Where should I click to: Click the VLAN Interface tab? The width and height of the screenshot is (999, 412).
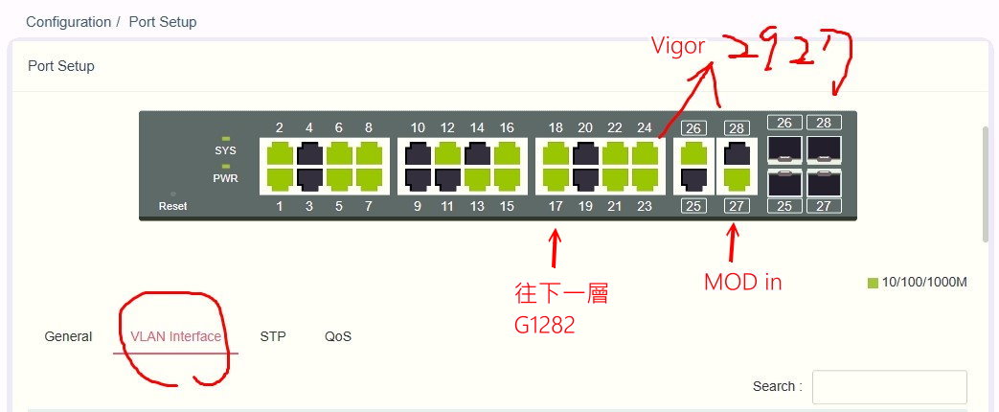pos(176,336)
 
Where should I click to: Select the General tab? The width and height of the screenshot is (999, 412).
pos(68,336)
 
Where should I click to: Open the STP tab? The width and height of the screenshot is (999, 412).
pos(273,336)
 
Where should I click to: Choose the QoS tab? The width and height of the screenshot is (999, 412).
pos(338,336)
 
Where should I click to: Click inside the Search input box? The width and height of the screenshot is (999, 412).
pos(889,387)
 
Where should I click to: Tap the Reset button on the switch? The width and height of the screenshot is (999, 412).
pos(172,195)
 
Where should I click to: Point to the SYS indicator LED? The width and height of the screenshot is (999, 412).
pos(226,139)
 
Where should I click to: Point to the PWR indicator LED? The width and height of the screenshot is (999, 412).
pos(226,166)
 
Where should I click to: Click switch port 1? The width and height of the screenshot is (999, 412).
pos(280,178)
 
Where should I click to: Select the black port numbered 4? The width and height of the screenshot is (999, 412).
pos(309,153)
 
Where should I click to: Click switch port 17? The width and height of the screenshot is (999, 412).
pos(556,178)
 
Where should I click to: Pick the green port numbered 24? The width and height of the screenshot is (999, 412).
pos(645,153)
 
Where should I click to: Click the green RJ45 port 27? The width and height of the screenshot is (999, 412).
pos(737,178)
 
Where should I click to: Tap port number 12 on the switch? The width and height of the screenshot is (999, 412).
pos(447,153)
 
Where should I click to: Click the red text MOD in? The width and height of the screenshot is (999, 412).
pos(742,282)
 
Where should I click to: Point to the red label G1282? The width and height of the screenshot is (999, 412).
pos(544,325)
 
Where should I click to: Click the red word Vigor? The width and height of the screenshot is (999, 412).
pos(678,45)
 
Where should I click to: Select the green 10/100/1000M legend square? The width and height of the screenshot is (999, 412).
pos(873,283)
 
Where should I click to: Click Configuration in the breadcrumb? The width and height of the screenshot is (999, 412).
pos(68,21)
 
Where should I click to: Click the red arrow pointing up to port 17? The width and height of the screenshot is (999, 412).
pos(554,247)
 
